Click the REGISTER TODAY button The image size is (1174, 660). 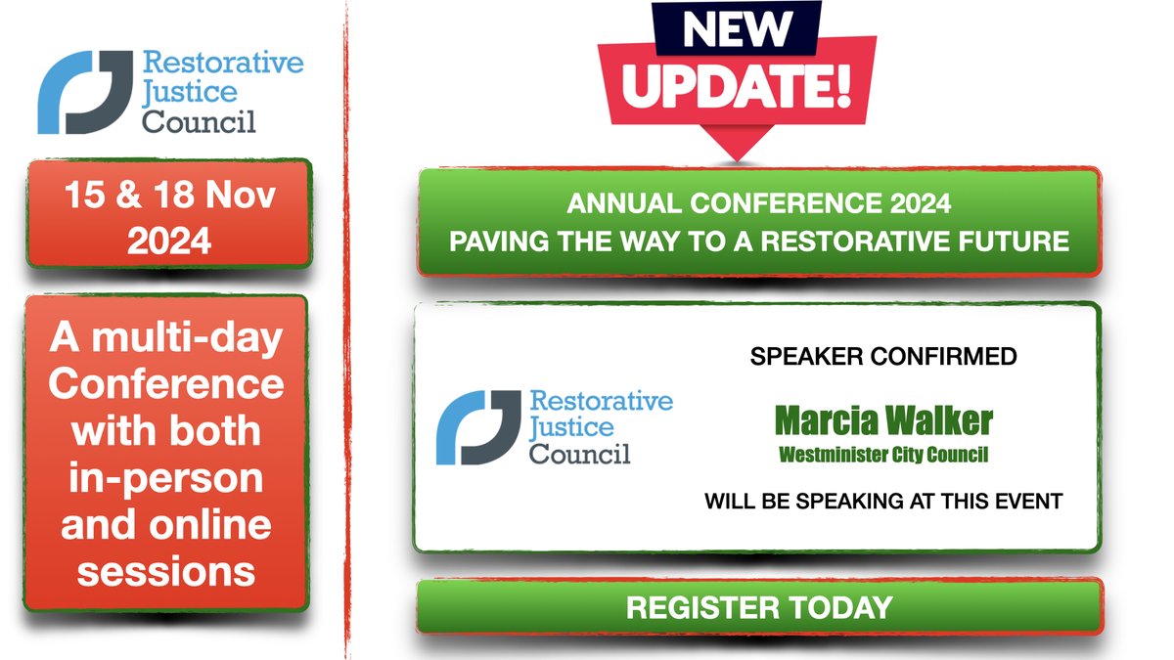click(759, 607)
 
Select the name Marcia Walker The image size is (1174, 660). click(883, 421)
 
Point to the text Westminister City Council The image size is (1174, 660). click(883, 455)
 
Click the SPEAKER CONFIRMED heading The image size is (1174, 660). click(883, 357)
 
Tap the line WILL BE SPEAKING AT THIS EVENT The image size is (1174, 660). click(883, 503)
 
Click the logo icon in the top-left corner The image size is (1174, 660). click(84, 92)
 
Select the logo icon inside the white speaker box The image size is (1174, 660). click(476, 426)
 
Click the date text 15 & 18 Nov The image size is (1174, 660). click(170, 196)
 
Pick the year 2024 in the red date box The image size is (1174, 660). click(170, 239)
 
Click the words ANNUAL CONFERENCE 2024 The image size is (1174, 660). click(759, 206)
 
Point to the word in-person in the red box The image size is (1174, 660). click(166, 479)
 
